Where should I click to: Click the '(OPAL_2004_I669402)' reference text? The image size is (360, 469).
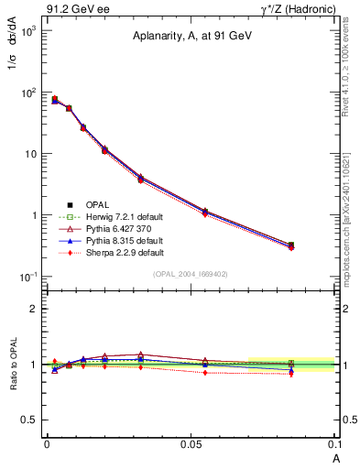190,273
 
